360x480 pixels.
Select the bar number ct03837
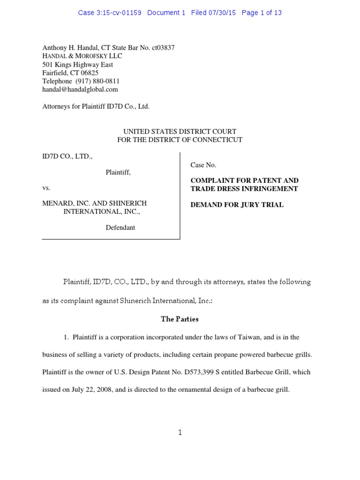coord(163,48)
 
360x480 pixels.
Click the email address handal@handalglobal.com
coord(80,89)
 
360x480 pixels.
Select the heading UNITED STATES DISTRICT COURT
coord(180,132)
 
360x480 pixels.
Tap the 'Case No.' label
coord(203,165)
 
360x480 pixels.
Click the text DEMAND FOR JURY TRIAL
coord(237,205)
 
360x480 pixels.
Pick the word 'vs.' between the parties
coord(46,188)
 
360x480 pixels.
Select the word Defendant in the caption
coord(120,227)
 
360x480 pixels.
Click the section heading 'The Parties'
coord(180,319)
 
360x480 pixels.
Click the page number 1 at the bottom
coord(180,433)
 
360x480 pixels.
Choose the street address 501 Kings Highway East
coord(77,64)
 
